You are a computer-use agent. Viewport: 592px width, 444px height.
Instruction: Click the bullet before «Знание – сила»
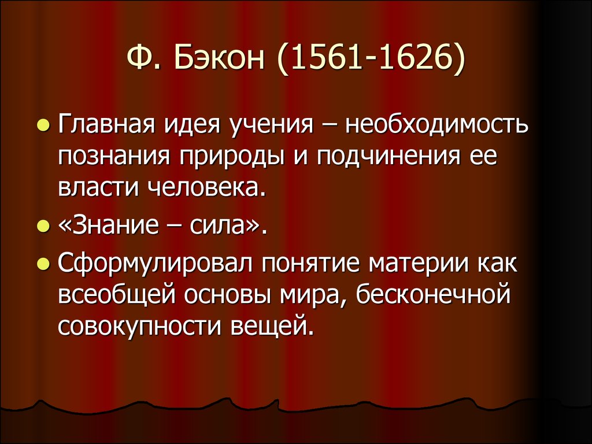pyautogui.click(x=43, y=226)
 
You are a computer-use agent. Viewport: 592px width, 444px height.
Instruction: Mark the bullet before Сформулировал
pyautogui.click(x=43, y=264)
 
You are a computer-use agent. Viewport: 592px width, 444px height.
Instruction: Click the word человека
pyautogui.click(x=207, y=188)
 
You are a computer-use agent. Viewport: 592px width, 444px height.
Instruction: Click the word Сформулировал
pyautogui.click(x=155, y=264)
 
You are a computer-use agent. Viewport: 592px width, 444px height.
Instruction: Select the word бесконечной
pyautogui.click(x=433, y=294)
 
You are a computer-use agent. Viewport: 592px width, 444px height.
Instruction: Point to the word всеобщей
pyautogui.click(x=117, y=295)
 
